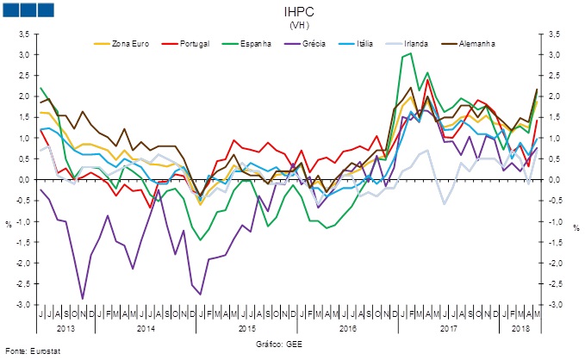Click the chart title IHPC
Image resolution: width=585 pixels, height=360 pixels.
click(x=294, y=13)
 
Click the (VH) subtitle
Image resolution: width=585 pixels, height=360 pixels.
click(x=294, y=26)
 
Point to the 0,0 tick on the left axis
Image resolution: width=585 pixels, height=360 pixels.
click(x=23, y=180)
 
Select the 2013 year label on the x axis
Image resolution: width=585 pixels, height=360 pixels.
click(x=65, y=329)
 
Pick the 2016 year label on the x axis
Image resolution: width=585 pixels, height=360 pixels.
click(x=349, y=329)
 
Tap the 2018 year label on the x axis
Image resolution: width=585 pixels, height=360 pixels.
click(x=521, y=329)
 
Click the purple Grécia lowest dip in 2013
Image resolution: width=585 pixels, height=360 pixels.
click(x=83, y=299)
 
